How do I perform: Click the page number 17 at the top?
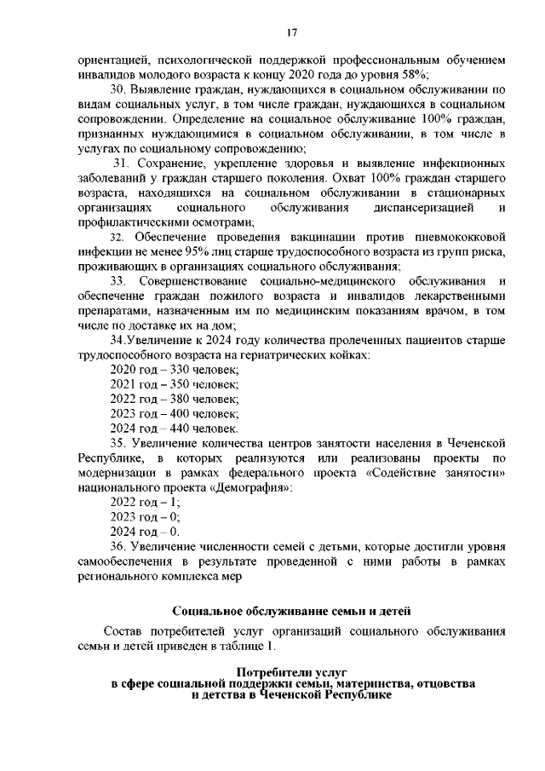click(290, 32)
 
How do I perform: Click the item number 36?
click(119, 545)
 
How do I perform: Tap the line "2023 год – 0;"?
click(146, 516)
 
